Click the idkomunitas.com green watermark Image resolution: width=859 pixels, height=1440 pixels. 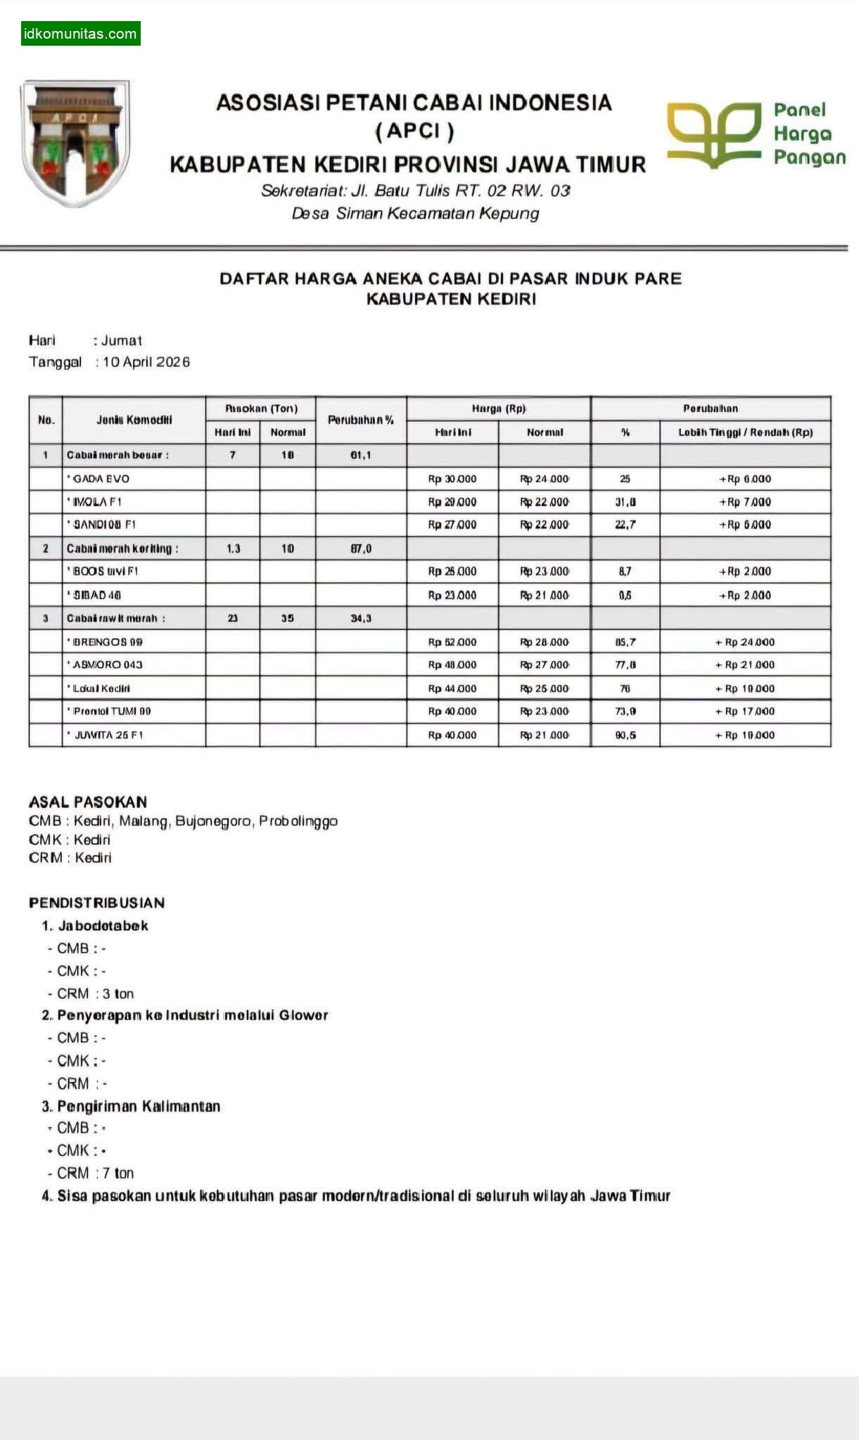80,34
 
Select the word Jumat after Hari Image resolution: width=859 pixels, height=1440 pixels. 122,341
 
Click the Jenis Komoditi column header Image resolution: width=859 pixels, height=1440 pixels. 134,420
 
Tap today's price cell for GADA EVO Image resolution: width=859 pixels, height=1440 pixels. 452,479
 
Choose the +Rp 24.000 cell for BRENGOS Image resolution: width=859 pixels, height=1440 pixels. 745,642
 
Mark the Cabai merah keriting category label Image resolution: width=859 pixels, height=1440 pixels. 122,548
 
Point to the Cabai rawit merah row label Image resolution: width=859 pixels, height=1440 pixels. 116,619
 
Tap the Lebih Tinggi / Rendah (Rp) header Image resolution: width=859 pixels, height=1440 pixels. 745,432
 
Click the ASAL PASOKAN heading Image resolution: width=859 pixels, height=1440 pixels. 88,802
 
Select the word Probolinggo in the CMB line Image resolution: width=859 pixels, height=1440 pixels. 298,821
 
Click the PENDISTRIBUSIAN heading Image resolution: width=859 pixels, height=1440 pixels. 96,903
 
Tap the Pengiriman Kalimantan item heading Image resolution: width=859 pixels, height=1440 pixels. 139,1106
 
